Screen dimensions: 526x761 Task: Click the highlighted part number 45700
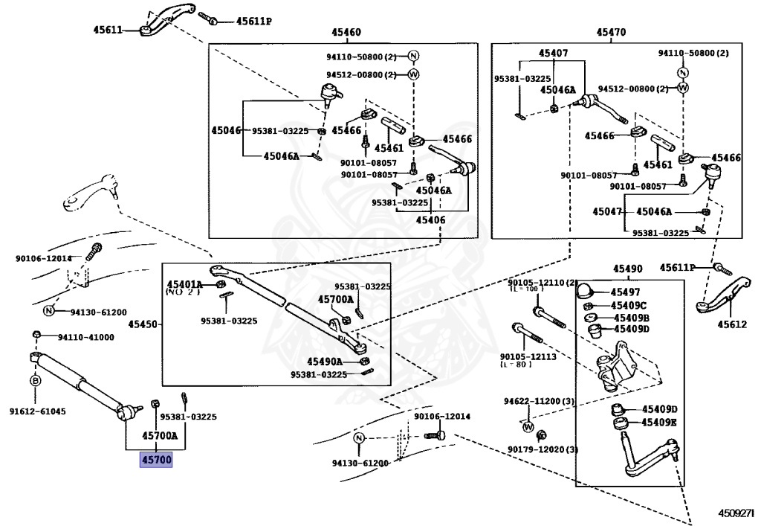click(x=157, y=461)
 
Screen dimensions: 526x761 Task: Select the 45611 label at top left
click(x=108, y=31)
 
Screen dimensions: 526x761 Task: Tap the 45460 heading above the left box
click(x=346, y=33)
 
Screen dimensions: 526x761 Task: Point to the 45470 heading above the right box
click(x=611, y=33)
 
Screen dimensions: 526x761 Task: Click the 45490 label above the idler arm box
click(x=628, y=269)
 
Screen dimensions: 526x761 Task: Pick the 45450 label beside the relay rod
click(x=143, y=324)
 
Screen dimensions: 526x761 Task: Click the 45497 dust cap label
click(x=625, y=292)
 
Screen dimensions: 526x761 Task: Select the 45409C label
click(x=629, y=306)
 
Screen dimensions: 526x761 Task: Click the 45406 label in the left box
click(x=431, y=219)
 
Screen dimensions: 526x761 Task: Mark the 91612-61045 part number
click(x=37, y=411)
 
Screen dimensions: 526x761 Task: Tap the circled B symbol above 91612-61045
click(x=35, y=381)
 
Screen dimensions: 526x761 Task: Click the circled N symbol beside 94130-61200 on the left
click(x=48, y=311)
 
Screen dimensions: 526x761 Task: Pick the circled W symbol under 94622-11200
click(x=528, y=426)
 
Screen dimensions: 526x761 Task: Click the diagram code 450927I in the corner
click(x=736, y=513)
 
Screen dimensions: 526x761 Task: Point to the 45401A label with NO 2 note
click(x=184, y=284)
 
